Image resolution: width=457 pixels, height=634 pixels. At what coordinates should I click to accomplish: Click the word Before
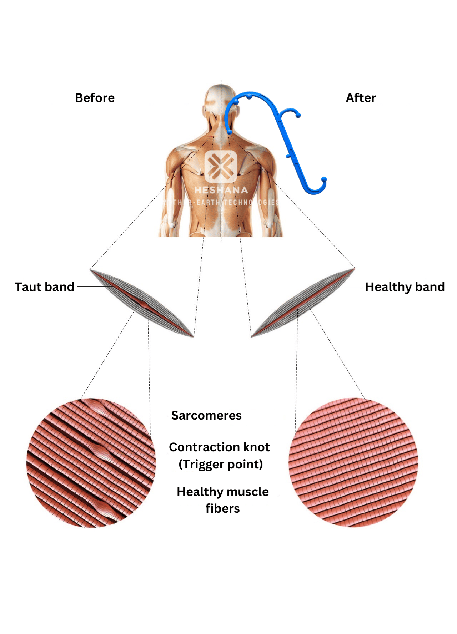95,98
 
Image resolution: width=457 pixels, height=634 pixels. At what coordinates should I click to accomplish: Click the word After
361,98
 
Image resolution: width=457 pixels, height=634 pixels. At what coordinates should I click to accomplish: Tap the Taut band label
45,287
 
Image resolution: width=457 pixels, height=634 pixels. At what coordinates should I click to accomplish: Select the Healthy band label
405,287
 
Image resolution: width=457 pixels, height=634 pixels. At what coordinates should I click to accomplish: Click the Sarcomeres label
206,415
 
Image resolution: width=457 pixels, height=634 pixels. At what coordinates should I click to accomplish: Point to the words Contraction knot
219,447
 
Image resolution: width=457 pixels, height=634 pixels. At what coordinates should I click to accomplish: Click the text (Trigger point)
221,464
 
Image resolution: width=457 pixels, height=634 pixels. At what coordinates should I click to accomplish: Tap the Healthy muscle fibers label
222,500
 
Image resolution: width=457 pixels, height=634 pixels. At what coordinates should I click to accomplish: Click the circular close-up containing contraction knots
91,463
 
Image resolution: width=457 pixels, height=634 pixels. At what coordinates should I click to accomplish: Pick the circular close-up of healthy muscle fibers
353,462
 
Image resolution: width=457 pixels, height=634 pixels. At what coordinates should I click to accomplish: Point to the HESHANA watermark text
221,190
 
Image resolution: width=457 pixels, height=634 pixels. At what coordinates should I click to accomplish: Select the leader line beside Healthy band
345,286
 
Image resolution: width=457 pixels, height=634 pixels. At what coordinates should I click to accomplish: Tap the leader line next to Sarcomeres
148,417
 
